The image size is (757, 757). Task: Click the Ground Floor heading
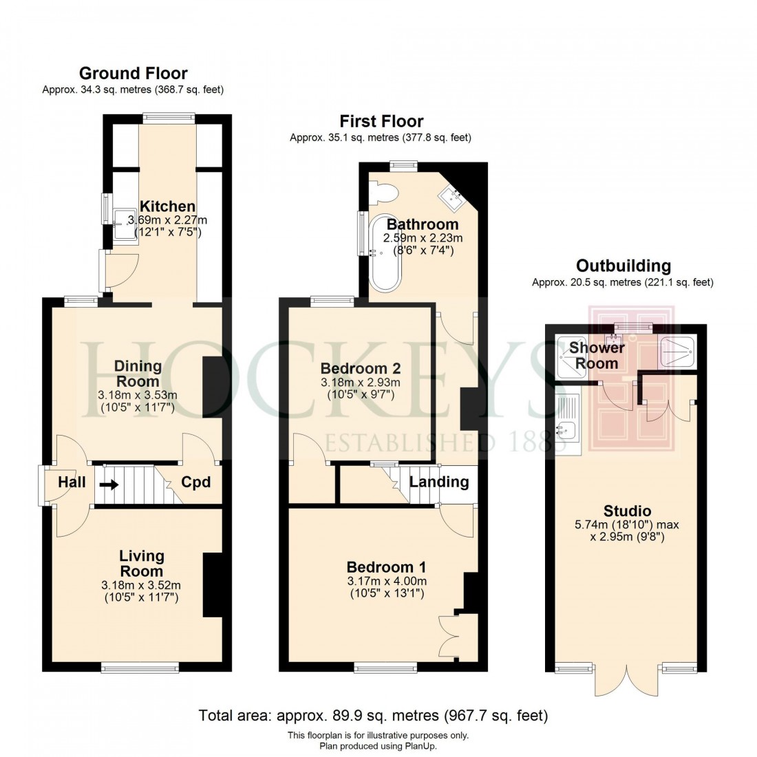[133, 73]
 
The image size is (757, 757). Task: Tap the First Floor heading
[381, 122]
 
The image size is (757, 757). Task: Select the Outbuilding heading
[623, 266]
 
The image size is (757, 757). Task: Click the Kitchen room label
[167, 206]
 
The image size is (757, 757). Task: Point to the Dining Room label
[138, 373]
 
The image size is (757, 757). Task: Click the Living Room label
[141, 563]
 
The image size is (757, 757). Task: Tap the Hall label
[72, 482]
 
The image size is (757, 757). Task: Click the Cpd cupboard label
[195, 482]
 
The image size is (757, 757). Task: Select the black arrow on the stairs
[109, 484]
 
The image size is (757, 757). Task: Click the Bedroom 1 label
[386, 567]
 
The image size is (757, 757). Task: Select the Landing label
[439, 482]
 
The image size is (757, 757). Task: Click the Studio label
[627, 511]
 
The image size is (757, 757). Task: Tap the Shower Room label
[596, 356]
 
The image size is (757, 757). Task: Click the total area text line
[373, 716]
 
